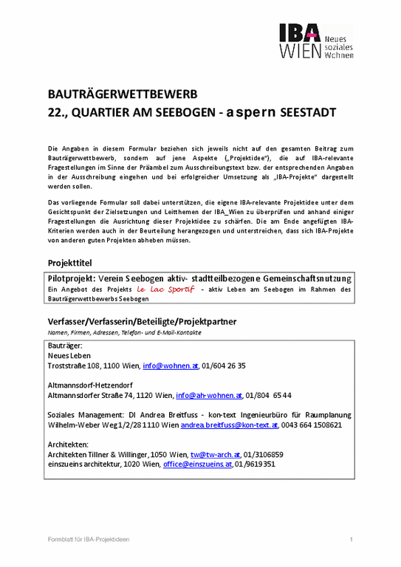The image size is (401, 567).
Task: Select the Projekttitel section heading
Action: (x=70, y=263)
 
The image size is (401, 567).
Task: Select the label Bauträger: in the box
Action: (x=65, y=346)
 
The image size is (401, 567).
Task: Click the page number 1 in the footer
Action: (x=352, y=540)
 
